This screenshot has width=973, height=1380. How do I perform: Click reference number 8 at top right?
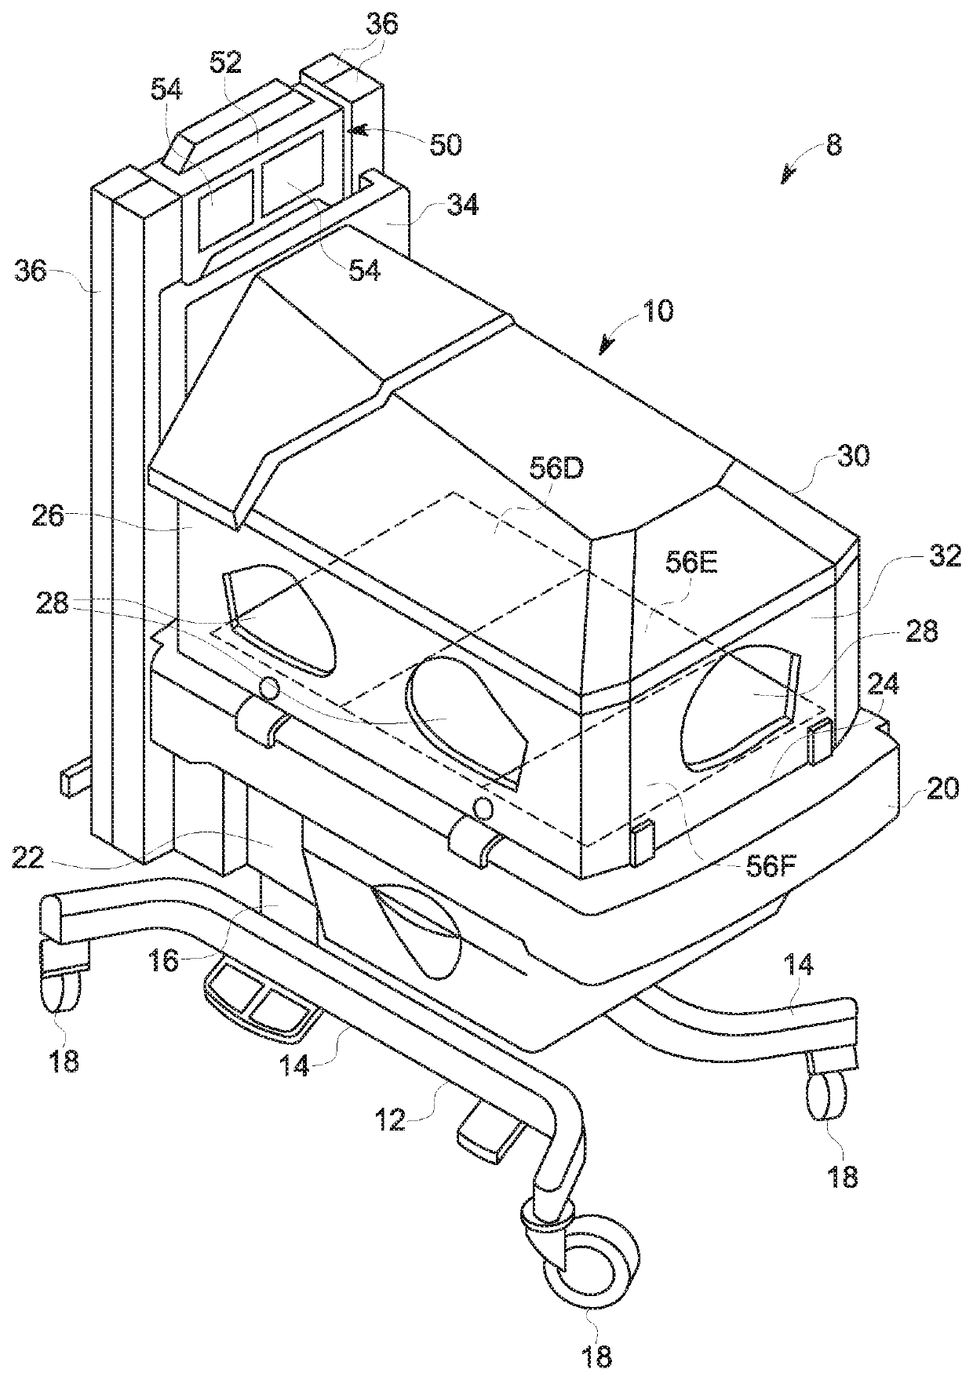point(833,146)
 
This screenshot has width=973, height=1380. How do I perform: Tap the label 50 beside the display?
point(445,145)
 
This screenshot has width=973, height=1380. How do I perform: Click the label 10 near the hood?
point(658,311)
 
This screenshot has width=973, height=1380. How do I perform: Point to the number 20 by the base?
point(942,788)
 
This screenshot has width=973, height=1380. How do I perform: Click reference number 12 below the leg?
point(390,1121)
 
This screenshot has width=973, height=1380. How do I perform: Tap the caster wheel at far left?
point(61,990)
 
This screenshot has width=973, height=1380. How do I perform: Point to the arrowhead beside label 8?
point(786,177)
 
